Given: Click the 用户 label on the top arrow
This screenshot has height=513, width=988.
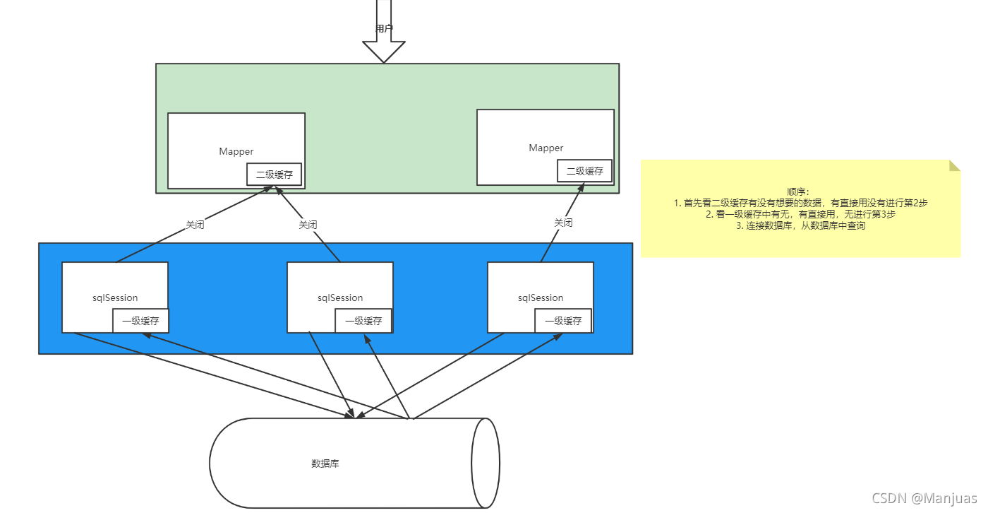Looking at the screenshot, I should (384, 29).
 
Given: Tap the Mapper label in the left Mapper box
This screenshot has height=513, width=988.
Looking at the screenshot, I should (236, 151).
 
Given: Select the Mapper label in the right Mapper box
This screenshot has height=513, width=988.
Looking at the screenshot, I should (546, 148).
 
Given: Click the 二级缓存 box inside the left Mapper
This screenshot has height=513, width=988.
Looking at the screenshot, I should (275, 175).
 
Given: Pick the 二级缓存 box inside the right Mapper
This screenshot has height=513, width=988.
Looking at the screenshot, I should (585, 171).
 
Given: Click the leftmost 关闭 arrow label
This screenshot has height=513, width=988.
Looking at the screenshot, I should (195, 225).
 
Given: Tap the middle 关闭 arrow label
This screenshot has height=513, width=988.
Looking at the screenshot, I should (308, 225).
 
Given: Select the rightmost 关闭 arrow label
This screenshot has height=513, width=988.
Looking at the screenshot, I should (563, 223).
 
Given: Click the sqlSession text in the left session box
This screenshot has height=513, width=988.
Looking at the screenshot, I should (115, 297).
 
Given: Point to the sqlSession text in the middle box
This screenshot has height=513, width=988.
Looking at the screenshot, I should (340, 297).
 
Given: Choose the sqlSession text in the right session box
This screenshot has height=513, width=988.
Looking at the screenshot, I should (541, 297).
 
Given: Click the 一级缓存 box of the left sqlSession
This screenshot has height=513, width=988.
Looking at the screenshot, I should (140, 321).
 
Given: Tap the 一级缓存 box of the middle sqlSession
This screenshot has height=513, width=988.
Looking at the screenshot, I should (363, 321).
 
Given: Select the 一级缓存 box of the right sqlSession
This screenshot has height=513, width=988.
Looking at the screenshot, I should (563, 321).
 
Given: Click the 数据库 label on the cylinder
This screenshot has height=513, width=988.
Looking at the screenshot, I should (325, 464).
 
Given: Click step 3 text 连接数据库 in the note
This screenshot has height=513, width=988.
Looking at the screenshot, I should (800, 226).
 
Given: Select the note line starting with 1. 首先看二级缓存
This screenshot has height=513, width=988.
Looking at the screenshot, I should (800, 203).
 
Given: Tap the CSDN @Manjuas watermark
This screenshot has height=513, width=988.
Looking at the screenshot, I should (924, 498).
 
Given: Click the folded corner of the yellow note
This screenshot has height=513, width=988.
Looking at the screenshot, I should (955, 165).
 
